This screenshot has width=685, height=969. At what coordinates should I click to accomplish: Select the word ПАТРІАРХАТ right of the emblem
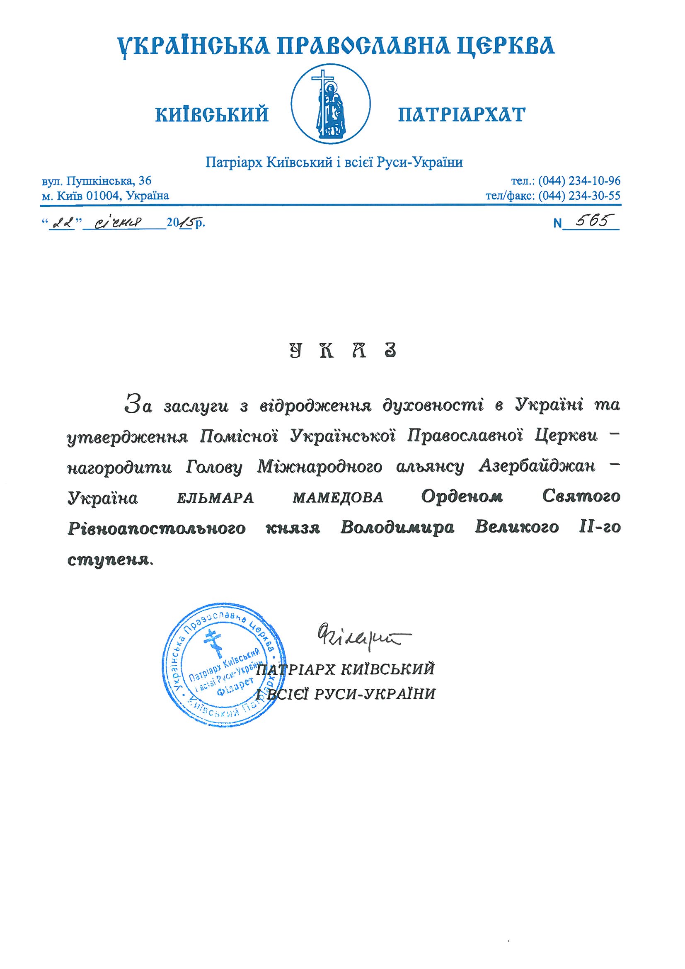pos(462,114)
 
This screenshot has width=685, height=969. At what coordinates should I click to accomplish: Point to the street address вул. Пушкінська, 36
pos(97,181)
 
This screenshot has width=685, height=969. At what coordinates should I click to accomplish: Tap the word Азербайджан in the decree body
pos(537,466)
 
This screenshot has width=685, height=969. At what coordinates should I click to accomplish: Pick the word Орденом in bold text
pos(462,497)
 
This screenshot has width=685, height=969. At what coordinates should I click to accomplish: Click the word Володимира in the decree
pos(397,528)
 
